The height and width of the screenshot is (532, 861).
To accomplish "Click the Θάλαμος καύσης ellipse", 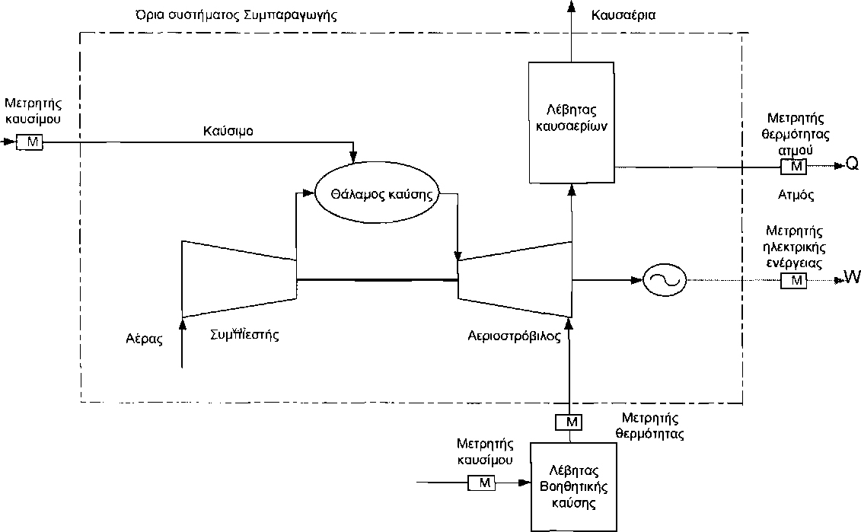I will click(376, 193).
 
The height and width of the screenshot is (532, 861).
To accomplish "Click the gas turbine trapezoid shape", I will click(515, 279).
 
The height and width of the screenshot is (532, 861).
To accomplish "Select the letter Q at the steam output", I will click(852, 165).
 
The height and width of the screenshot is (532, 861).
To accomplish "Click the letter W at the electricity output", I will click(852, 279).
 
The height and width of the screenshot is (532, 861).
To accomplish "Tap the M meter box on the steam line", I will click(796, 165).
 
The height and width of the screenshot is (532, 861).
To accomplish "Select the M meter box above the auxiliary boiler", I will click(569, 421).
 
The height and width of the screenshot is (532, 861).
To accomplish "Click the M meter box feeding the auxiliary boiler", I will click(480, 482).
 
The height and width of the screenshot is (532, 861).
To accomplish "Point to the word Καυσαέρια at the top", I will click(623, 14).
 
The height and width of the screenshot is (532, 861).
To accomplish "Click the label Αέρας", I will click(145, 339).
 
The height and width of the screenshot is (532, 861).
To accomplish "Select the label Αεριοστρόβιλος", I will click(514, 336).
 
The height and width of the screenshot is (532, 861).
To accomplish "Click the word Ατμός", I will click(796, 195).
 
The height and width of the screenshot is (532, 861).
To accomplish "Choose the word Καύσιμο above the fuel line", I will click(228, 130).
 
